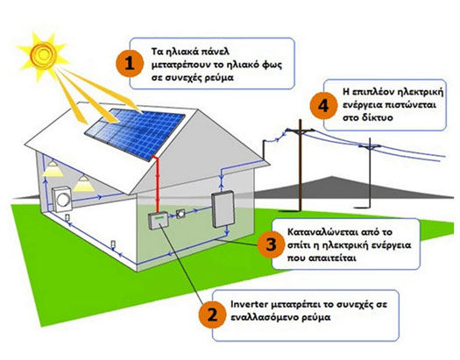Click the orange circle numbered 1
[x=130, y=64]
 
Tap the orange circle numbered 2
[x=212, y=314]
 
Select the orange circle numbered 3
[x=271, y=244]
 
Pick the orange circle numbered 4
[x=323, y=106]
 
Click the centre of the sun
[x=44, y=54]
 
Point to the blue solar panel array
[x=135, y=133]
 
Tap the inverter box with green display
[x=158, y=221]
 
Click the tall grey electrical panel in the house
[x=223, y=208]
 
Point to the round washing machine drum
[x=63, y=200]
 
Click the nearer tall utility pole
[x=301, y=165]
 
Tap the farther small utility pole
[x=370, y=173]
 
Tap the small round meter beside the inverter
[x=180, y=214]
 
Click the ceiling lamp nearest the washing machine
[x=83, y=184]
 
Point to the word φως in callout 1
[x=272, y=65]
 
